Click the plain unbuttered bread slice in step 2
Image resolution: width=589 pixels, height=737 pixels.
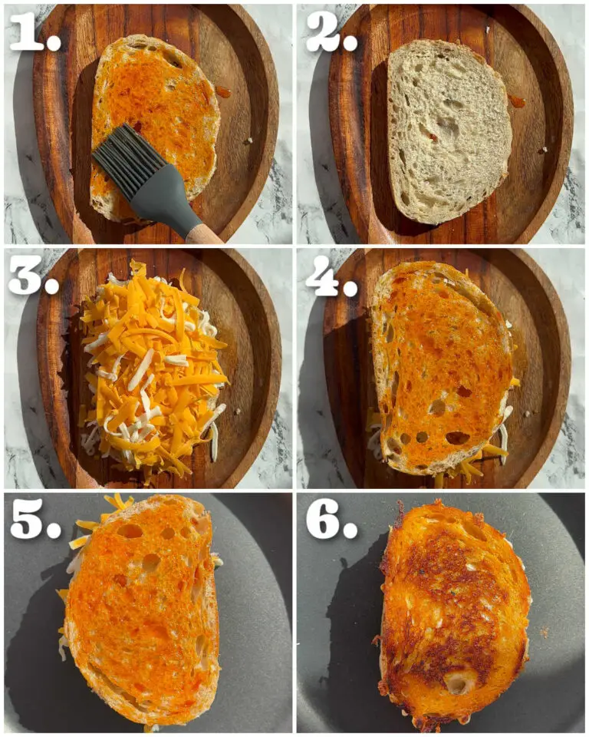pyautogui.click(x=449, y=131)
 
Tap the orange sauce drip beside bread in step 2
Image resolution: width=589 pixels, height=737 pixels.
pyautogui.click(x=516, y=101)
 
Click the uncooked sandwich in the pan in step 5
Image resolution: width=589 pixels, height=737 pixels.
pyautogui.click(x=141, y=611)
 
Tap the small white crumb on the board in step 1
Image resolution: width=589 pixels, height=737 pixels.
pyautogui.click(x=249, y=140)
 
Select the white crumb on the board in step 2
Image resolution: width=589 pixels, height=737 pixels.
pyautogui.click(x=544, y=150)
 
